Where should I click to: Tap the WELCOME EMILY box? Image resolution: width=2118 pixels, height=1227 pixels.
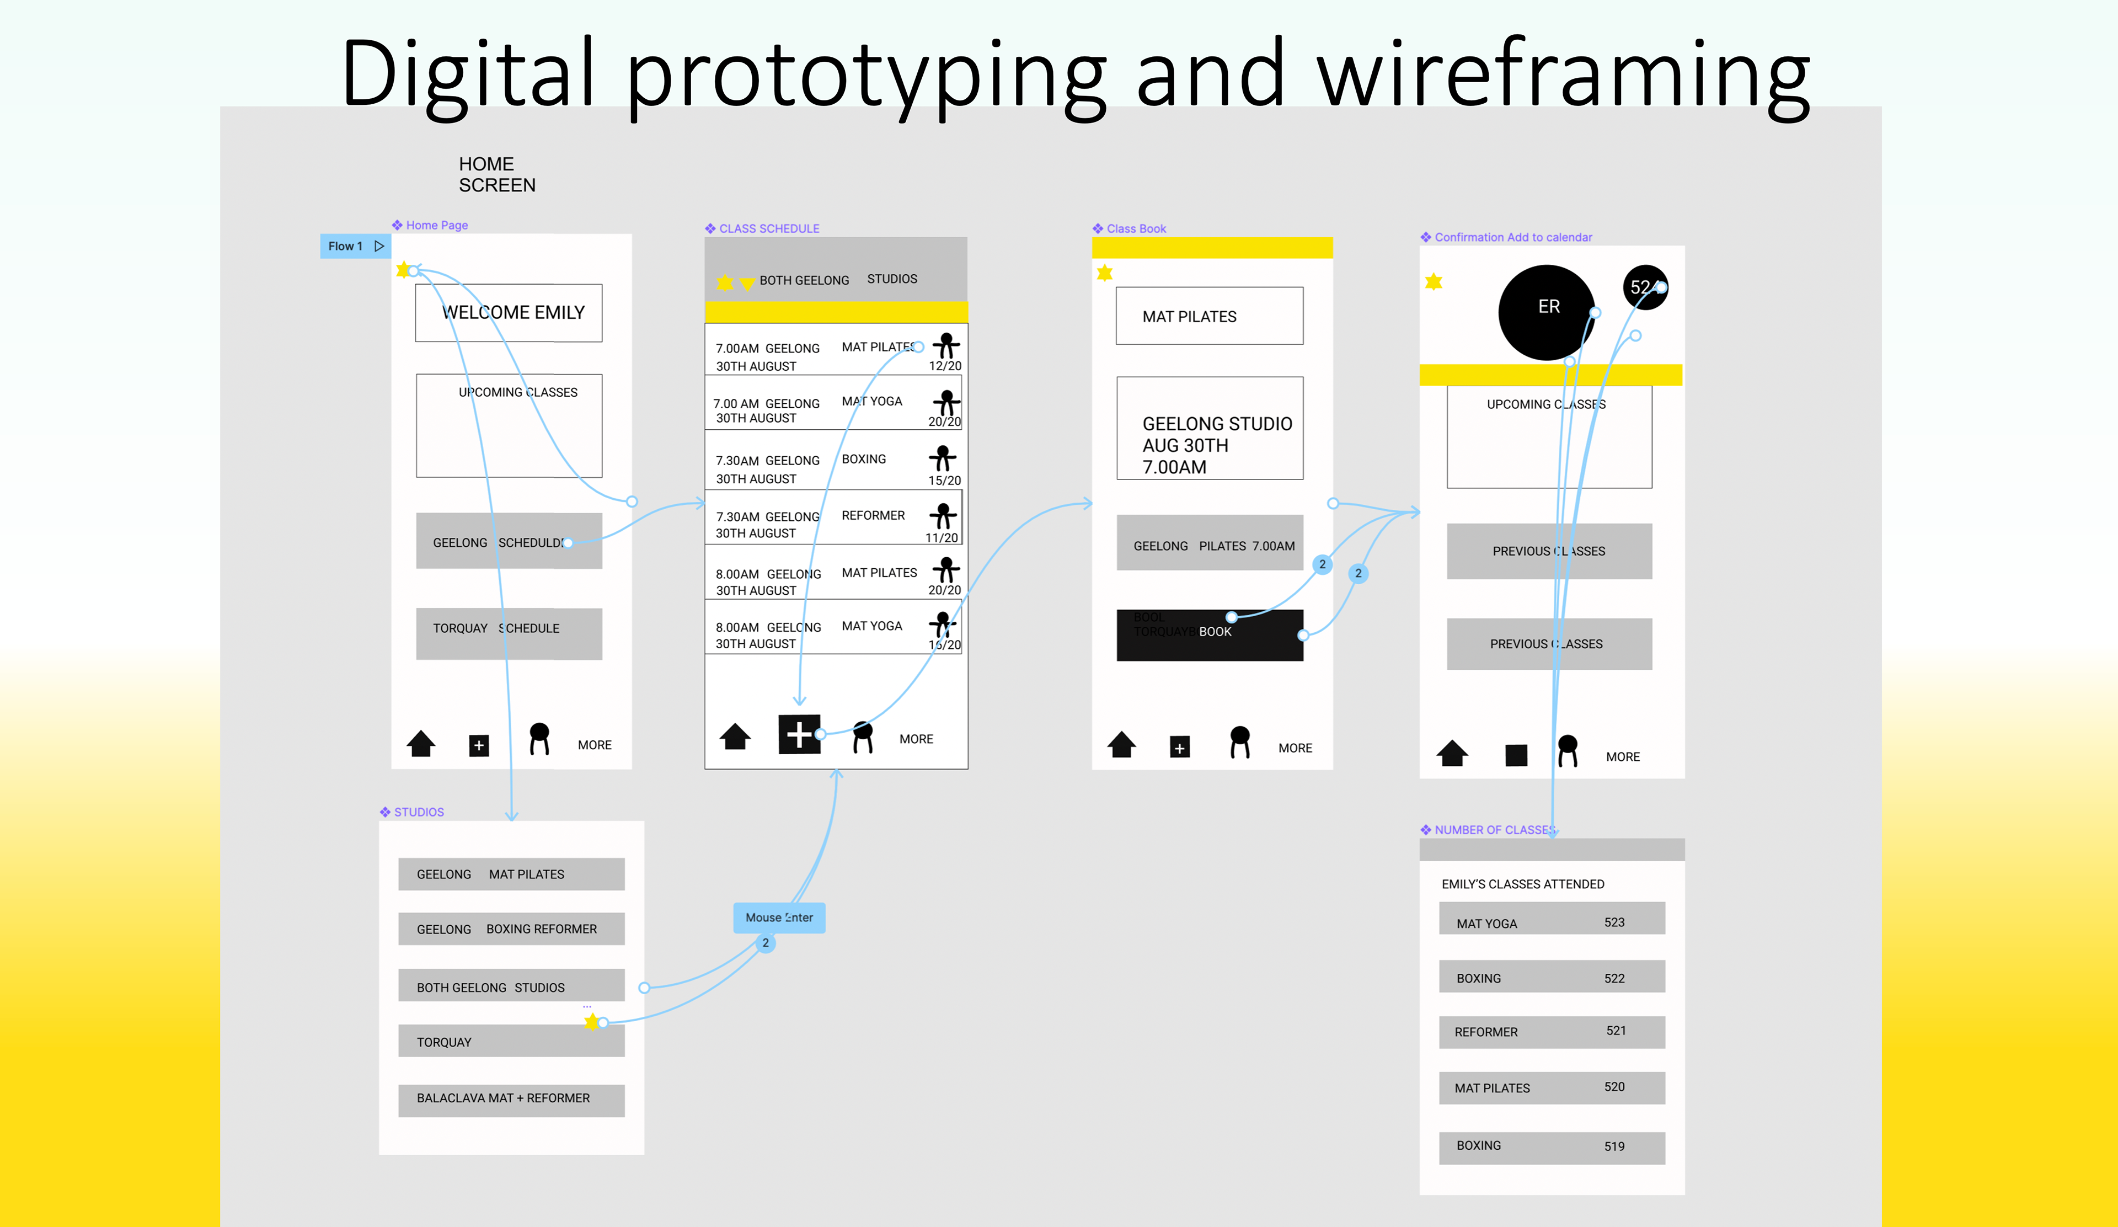pyautogui.click(x=509, y=313)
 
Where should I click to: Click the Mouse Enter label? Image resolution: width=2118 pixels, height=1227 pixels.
pyautogui.click(x=779, y=917)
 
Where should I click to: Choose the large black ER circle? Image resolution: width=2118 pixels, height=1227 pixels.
pyautogui.click(x=1547, y=312)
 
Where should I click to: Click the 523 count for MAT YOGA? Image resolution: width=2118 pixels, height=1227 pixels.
pyautogui.click(x=1614, y=922)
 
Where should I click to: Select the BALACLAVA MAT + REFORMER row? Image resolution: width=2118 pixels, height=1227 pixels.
pyautogui.click(x=511, y=1099)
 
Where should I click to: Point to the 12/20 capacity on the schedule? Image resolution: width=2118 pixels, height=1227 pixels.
pyautogui.click(x=945, y=366)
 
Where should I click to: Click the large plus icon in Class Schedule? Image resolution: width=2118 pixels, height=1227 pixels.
pyautogui.click(x=799, y=734)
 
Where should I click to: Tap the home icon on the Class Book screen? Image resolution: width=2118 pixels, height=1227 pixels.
pyautogui.click(x=1121, y=745)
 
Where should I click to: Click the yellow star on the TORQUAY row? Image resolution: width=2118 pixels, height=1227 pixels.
pyautogui.click(x=592, y=1021)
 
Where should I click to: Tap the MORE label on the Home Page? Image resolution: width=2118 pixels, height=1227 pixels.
pyautogui.click(x=594, y=745)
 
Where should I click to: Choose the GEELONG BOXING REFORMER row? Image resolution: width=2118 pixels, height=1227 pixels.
pyautogui.click(x=511, y=929)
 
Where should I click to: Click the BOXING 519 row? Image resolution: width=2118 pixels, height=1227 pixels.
pyautogui.click(x=1552, y=1147)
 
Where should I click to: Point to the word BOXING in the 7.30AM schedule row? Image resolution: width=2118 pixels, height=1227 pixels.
pyautogui.click(x=863, y=459)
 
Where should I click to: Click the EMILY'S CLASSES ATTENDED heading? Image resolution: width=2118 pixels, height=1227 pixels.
pyautogui.click(x=1522, y=884)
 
